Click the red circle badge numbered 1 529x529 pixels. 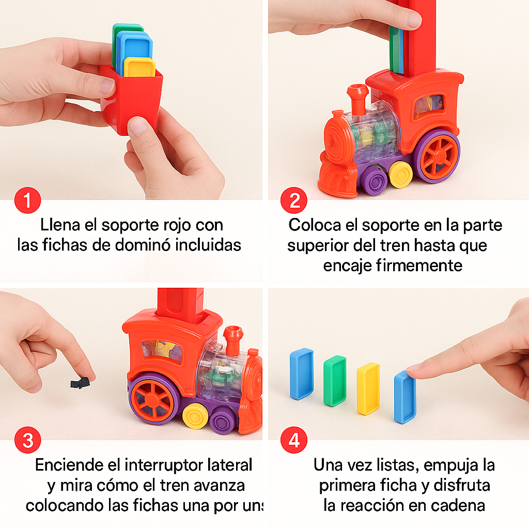(x=27, y=201)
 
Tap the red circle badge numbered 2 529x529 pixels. (x=294, y=201)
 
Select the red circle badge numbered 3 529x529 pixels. (x=27, y=441)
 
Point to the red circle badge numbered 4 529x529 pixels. (x=294, y=441)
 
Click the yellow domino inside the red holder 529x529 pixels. (x=139, y=67)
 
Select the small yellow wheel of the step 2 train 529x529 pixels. (x=400, y=174)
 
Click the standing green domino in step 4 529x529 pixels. (x=335, y=381)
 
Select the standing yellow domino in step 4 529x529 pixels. (x=368, y=388)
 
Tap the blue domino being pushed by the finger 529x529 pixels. (x=404, y=396)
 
